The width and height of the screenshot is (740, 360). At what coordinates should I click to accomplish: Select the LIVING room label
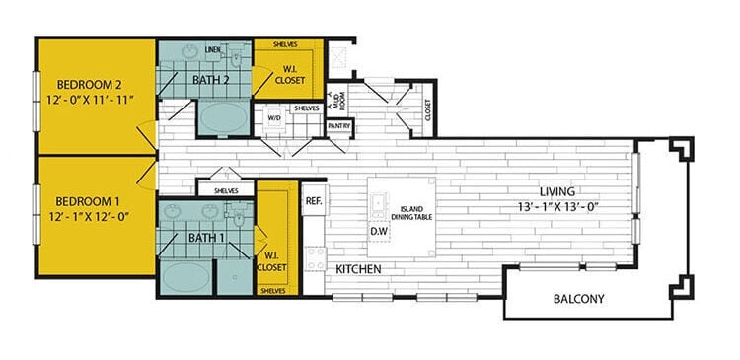(557, 191)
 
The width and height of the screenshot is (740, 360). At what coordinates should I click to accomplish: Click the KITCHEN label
(358, 269)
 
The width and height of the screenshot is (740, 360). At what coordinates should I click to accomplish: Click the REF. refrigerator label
(314, 199)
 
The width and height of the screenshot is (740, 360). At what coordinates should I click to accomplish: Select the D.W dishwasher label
(379, 233)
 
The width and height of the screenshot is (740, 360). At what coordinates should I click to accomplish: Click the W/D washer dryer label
(274, 117)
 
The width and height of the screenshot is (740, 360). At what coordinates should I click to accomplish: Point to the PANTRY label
(339, 126)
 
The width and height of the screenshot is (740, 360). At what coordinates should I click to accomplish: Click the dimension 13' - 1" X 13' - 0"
(556, 206)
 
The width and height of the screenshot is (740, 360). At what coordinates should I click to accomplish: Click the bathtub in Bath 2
(224, 120)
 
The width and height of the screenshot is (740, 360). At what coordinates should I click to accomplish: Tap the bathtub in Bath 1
(185, 274)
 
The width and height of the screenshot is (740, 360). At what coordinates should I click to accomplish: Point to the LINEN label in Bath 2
(212, 48)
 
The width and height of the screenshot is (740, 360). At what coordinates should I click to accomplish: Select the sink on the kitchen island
(378, 205)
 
